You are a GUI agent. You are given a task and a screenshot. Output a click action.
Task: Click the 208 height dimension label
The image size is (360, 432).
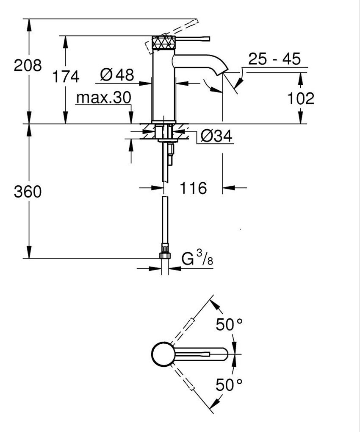28,66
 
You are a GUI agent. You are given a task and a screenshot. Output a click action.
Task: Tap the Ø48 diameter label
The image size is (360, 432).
117,75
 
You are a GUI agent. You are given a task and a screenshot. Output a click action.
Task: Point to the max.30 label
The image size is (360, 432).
103,98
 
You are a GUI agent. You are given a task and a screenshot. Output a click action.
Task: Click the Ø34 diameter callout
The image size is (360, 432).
216,136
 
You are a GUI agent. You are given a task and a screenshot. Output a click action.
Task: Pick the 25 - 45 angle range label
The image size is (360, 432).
274,59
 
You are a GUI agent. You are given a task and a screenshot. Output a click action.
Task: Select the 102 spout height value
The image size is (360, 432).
301,98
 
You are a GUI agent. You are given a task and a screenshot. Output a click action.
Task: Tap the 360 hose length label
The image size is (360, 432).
28,192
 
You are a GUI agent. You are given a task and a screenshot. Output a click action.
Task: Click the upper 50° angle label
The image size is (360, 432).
229,325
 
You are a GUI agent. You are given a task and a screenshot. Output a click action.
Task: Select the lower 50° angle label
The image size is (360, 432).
229,385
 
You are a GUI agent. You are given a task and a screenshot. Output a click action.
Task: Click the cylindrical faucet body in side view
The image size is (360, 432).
163,85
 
